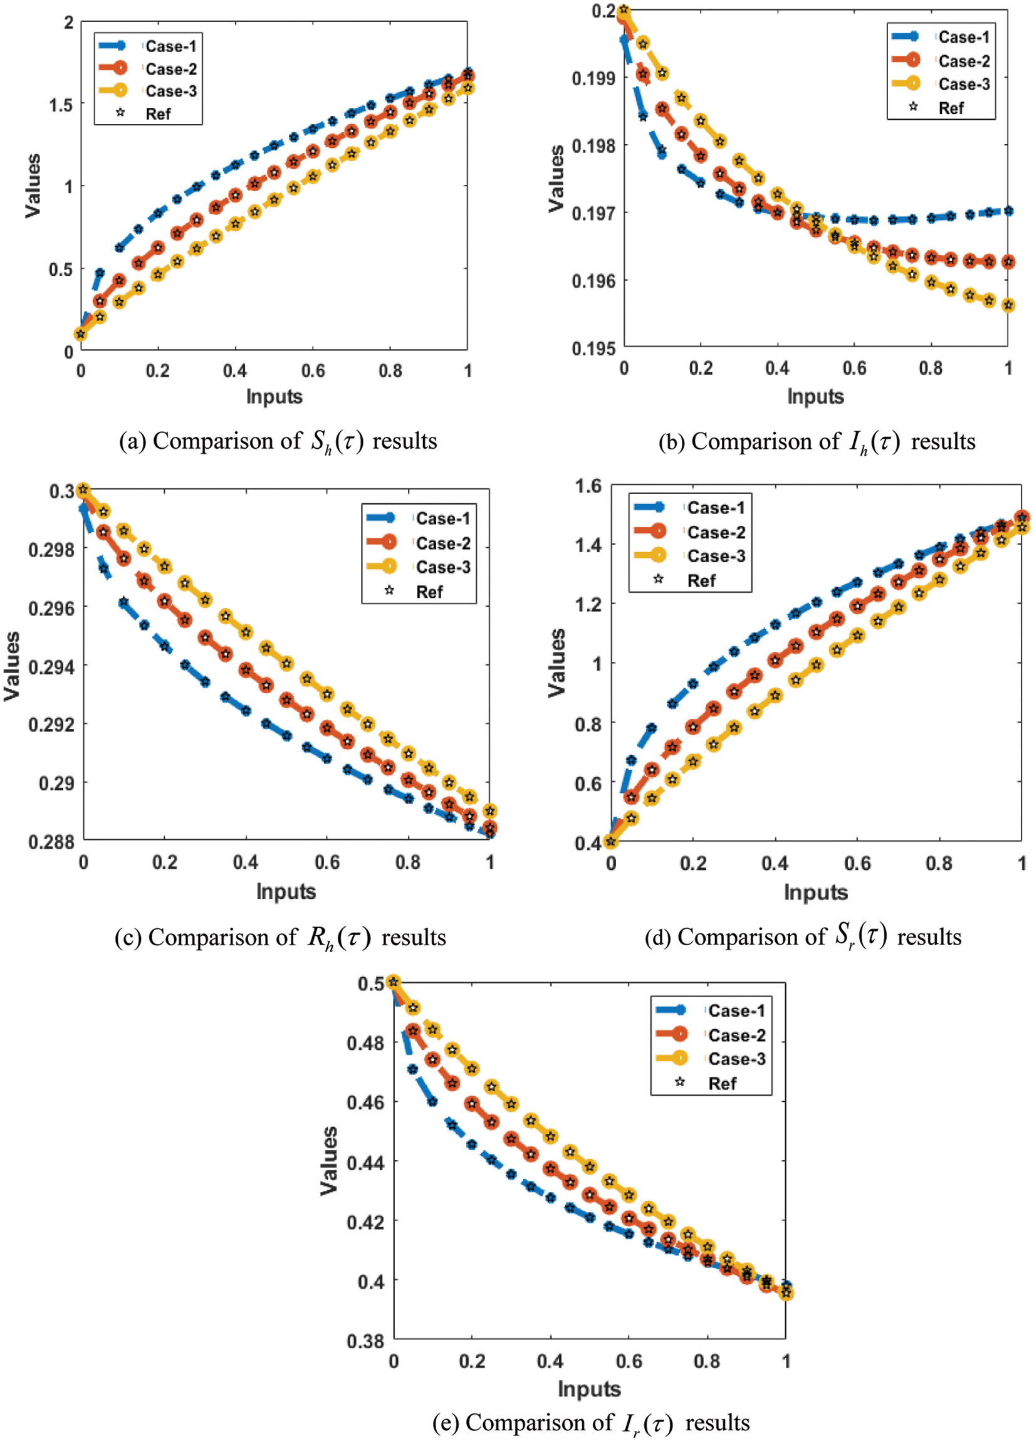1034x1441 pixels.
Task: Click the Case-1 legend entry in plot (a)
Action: [x=170, y=46]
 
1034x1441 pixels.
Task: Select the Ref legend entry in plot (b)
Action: [x=950, y=108]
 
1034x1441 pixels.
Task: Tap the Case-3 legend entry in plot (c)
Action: [x=442, y=567]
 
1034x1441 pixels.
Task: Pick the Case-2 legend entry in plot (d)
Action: [x=716, y=532]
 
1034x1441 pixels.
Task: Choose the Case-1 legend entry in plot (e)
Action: [x=736, y=1010]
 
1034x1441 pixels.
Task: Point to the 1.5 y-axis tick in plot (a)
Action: [x=60, y=105]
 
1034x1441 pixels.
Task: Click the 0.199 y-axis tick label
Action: [x=593, y=79]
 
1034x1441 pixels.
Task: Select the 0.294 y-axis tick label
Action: [x=51, y=666]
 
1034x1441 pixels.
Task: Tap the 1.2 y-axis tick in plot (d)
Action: [x=588, y=604]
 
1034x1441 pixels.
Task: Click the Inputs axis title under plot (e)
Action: [x=589, y=1389]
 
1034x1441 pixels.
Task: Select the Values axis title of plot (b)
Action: [x=556, y=178]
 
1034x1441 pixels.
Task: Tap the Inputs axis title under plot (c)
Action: [x=286, y=891]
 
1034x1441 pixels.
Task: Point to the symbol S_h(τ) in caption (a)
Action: [x=337, y=441]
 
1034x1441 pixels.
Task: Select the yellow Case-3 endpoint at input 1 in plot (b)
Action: [x=1008, y=306]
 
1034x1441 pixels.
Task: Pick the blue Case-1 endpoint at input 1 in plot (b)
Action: [x=1008, y=211]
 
